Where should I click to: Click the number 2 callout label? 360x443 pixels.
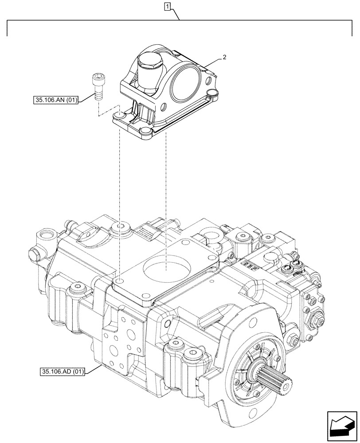[225, 57]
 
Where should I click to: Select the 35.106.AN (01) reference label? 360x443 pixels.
[55, 101]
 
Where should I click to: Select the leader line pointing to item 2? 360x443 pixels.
[213, 63]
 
